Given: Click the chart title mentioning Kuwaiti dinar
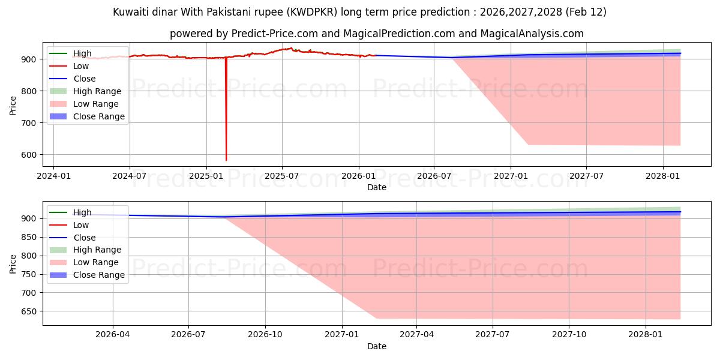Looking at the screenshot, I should [359, 12].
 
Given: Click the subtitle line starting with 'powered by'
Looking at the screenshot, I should [376, 34].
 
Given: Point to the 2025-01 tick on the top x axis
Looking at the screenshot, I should [206, 176].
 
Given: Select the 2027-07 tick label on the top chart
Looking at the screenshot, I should [586, 176].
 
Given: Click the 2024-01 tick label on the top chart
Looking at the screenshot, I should [53, 176].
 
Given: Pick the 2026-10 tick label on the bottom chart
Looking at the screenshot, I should [265, 335].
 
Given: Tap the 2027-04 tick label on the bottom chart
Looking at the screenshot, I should [416, 335].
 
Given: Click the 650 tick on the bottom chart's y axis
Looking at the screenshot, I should [30, 311].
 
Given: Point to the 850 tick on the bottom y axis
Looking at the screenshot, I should [30, 238].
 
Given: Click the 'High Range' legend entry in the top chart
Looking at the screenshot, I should [97, 91].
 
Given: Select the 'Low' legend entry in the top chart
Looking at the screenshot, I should [81, 66].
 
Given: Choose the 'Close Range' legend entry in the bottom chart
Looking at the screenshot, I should [99, 275].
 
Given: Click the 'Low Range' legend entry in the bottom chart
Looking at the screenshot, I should [96, 262].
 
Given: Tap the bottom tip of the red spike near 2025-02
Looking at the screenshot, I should [226, 160].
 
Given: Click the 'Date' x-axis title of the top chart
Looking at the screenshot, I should [376, 187].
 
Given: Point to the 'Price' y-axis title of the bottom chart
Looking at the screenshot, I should [13, 263].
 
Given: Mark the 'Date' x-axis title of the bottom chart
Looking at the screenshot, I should [376, 346].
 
